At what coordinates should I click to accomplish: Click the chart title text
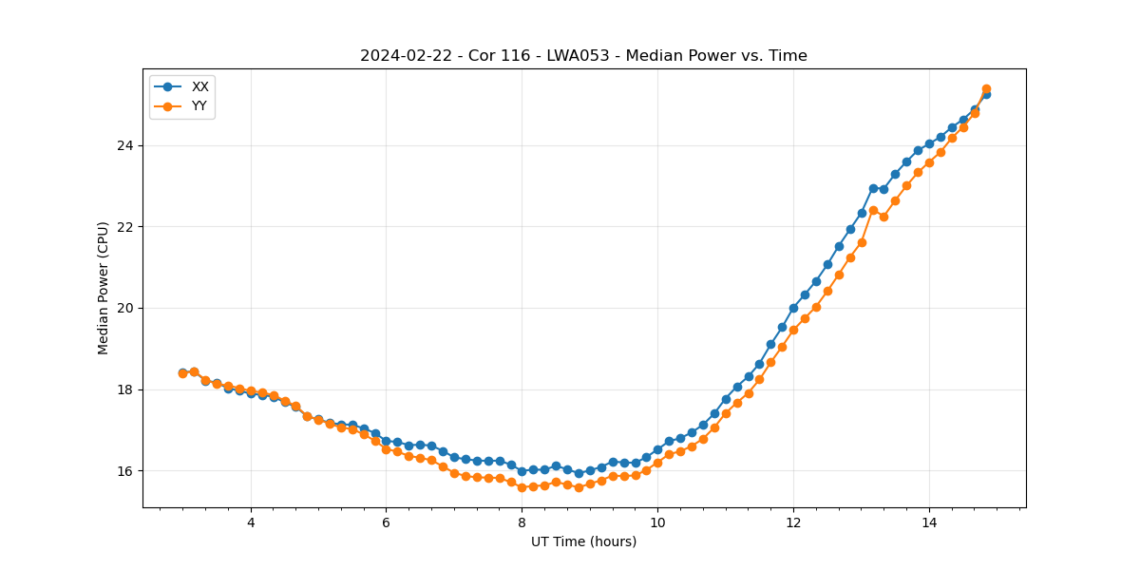click(583, 56)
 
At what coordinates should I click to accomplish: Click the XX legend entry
click(199, 86)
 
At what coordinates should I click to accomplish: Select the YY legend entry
click(199, 106)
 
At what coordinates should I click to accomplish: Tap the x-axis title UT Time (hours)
click(583, 542)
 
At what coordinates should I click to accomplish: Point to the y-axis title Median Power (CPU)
click(104, 288)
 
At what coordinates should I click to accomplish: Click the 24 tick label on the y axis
click(125, 145)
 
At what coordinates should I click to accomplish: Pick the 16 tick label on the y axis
click(125, 471)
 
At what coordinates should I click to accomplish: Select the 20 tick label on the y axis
click(125, 308)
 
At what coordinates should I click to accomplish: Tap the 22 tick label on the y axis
click(125, 227)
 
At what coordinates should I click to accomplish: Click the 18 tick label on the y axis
click(125, 389)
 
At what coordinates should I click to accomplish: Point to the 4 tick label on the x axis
click(251, 522)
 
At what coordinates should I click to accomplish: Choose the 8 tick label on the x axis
click(522, 522)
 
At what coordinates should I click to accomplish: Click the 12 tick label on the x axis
click(793, 522)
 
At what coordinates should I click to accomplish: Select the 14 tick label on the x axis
click(929, 522)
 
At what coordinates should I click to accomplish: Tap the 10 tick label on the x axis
click(657, 522)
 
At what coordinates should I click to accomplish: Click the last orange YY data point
click(986, 89)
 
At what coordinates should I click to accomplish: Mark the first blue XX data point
click(182, 372)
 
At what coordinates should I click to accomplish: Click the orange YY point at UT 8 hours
click(522, 487)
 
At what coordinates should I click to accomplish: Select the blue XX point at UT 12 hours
click(793, 308)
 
